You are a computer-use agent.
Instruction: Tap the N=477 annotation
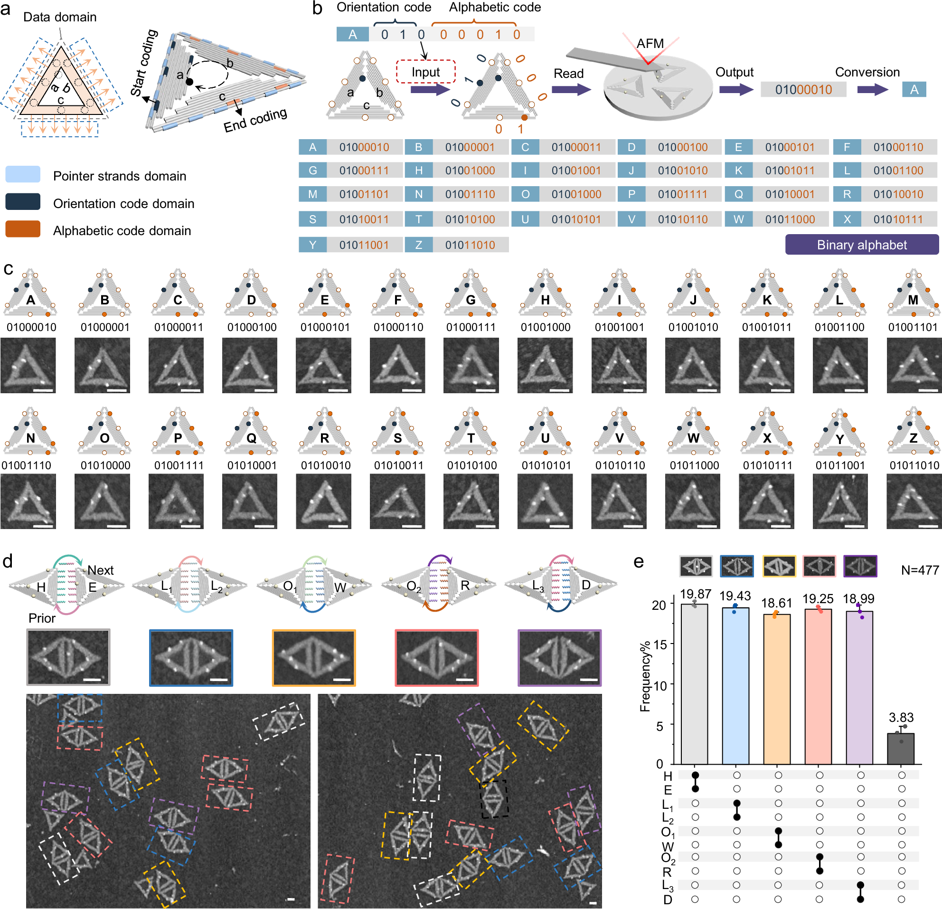point(920,570)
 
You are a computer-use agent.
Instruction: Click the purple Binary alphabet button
point(861,245)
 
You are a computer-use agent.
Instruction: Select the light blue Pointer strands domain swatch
point(23,174)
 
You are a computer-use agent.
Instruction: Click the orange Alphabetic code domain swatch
point(23,229)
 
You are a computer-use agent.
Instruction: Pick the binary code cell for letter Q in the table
point(790,194)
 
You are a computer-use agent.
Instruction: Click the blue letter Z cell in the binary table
point(419,245)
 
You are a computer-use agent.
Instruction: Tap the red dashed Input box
point(425,72)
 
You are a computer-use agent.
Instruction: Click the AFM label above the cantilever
point(650,44)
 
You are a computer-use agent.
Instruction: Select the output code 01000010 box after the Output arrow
point(803,89)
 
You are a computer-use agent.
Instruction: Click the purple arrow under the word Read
point(571,89)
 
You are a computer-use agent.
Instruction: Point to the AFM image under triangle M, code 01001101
point(913,365)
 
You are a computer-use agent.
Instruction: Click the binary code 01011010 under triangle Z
point(914,465)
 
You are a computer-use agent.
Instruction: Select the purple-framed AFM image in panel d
point(559,657)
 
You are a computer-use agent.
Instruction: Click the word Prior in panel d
point(42,618)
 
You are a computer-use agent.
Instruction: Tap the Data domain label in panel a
point(60,17)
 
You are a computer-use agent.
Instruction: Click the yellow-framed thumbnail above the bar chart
point(779,566)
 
